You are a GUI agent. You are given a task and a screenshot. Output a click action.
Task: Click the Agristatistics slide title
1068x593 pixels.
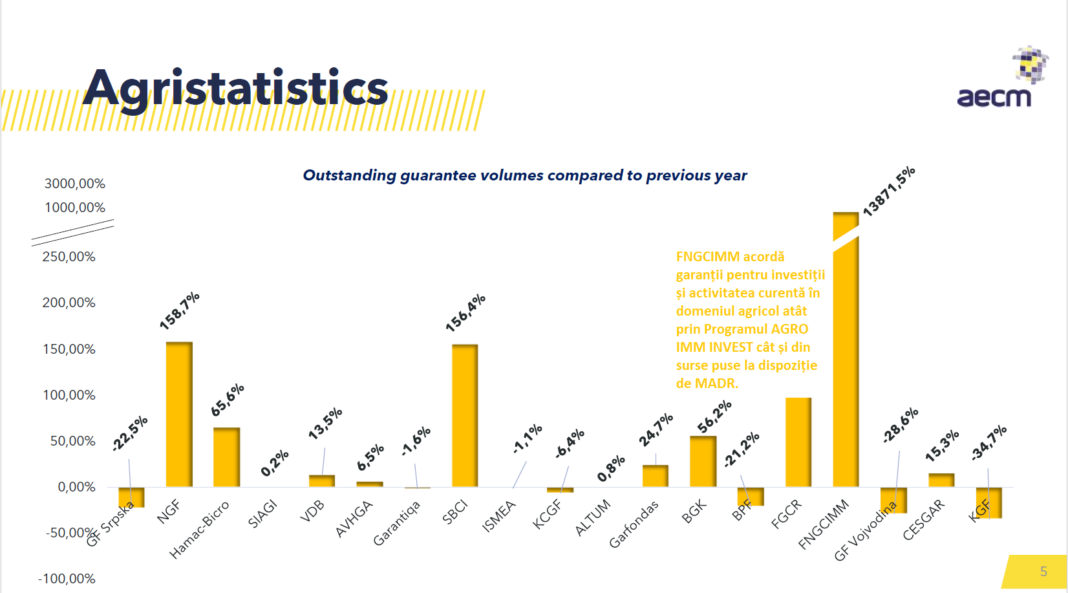(x=235, y=87)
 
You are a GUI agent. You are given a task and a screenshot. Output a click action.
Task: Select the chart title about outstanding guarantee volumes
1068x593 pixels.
(x=525, y=175)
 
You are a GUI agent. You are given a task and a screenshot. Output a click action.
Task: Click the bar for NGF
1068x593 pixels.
(x=179, y=414)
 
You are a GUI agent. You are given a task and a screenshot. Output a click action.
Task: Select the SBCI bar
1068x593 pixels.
(x=465, y=415)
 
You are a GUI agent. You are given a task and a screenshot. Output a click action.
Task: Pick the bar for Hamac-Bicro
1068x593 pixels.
(x=226, y=457)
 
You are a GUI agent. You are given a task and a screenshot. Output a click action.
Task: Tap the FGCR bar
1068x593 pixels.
(x=798, y=442)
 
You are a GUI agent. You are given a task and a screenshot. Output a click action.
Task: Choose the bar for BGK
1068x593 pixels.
(x=703, y=461)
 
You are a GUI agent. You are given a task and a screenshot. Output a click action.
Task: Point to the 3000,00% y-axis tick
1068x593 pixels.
(x=75, y=184)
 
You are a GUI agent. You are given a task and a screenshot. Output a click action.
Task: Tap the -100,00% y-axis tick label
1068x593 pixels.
(x=67, y=579)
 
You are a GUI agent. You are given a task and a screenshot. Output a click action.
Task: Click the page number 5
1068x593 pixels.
(x=1044, y=572)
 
